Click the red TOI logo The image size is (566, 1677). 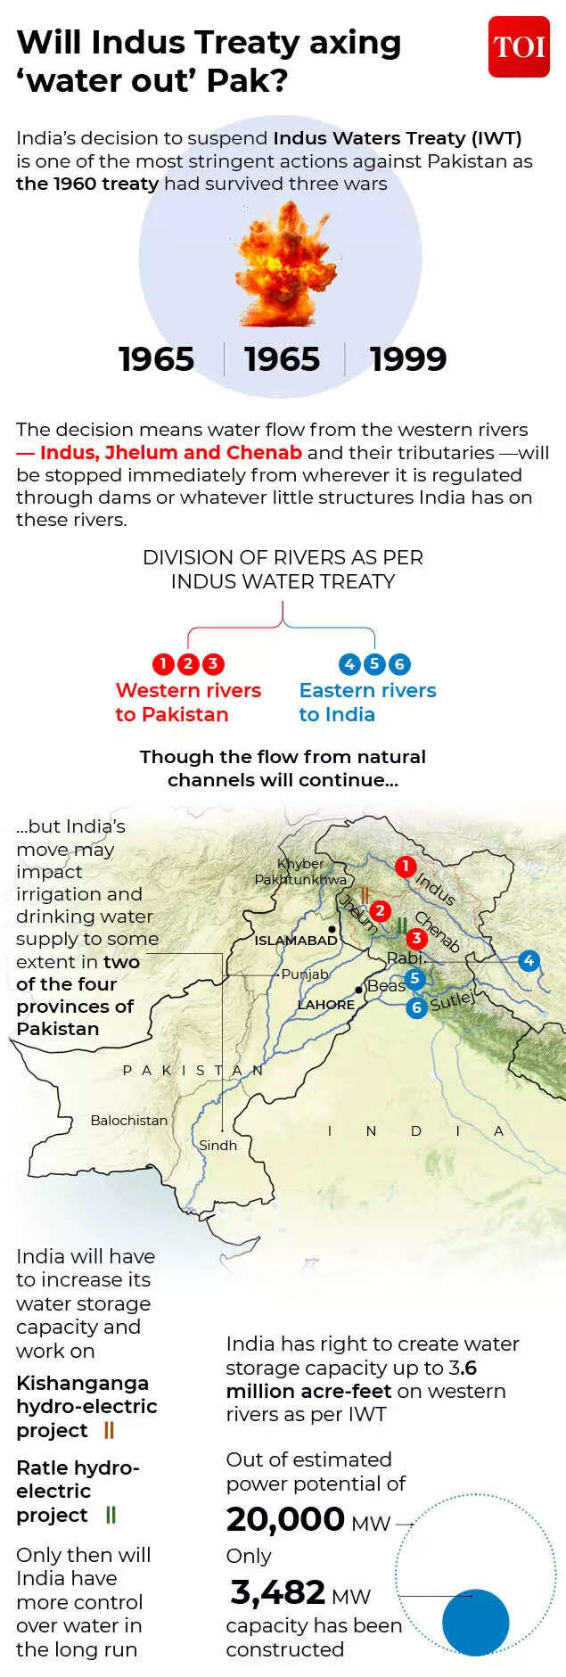pyautogui.click(x=519, y=46)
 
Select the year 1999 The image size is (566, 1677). pyautogui.click(x=408, y=359)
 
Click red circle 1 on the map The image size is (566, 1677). pyautogui.click(x=406, y=866)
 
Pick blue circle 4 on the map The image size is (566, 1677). pyautogui.click(x=529, y=960)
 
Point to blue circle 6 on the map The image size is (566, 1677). pyautogui.click(x=416, y=1008)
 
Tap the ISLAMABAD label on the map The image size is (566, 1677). pyautogui.click(x=296, y=940)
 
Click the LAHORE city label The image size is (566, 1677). pyautogui.click(x=326, y=1005)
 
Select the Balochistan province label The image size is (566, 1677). pyautogui.click(x=129, y=1121)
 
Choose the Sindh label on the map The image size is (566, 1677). pyautogui.click(x=218, y=1146)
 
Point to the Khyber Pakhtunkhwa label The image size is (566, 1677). pyautogui.click(x=300, y=872)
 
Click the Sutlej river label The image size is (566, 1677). pyautogui.click(x=453, y=1001)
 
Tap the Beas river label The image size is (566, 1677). pyautogui.click(x=386, y=986)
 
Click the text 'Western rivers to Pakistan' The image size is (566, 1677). pyautogui.click(x=188, y=703)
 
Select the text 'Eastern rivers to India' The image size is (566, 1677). pyautogui.click(x=367, y=703)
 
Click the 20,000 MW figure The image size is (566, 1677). pyautogui.click(x=308, y=1519)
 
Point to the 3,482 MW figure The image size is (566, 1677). pyautogui.click(x=299, y=1592)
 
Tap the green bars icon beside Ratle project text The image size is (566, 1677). pyautogui.click(x=111, y=1515)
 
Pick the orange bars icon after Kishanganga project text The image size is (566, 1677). pyautogui.click(x=110, y=1430)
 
